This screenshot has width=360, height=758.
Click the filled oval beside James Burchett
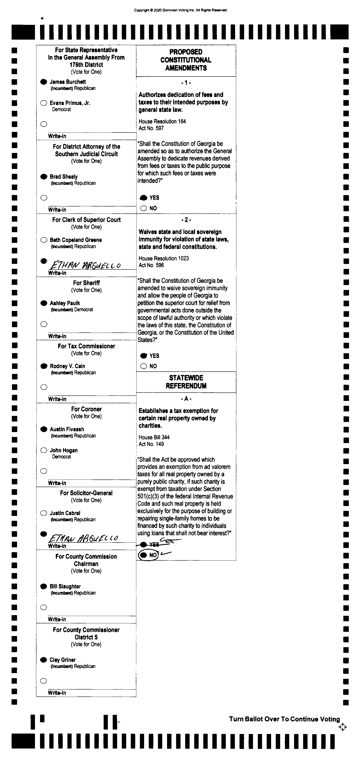pyautogui.click(x=44, y=82)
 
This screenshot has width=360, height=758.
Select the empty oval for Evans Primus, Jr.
pyautogui.click(x=44, y=103)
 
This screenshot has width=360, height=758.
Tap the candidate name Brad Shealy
pyautogui.click(x=64, y=177)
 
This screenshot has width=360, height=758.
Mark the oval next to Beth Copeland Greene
pyautogui.click(x=44, y=240)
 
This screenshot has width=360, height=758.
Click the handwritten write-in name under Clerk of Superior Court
pyautogui.click(x=85, y=265)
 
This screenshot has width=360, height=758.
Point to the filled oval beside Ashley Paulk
pyautogui.click(x=44, y=303)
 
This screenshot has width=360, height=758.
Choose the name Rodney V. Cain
pyautogui.click(x=67, y=366)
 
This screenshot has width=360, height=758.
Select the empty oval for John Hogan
pyautogui.click(x=44, y=450)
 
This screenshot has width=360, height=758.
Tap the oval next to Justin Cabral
pyautogui.click(x=44, y=513)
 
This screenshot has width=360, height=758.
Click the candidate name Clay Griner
pyautogui.click(x=63, y=660)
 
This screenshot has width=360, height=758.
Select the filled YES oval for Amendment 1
pyautogui.click(x=143, y=198)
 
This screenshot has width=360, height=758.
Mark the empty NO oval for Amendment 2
pyautogui.click(x=143, y=366)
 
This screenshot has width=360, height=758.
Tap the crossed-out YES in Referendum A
pyautogui.click(x=154, y=544)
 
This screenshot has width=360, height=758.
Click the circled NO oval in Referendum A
pyautogui.click(x=143, y=555)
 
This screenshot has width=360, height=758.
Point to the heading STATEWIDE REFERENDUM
pyautogui.click(x=186, y=382)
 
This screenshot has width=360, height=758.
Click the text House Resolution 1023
pyautogui.click(x=163, y=258)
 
